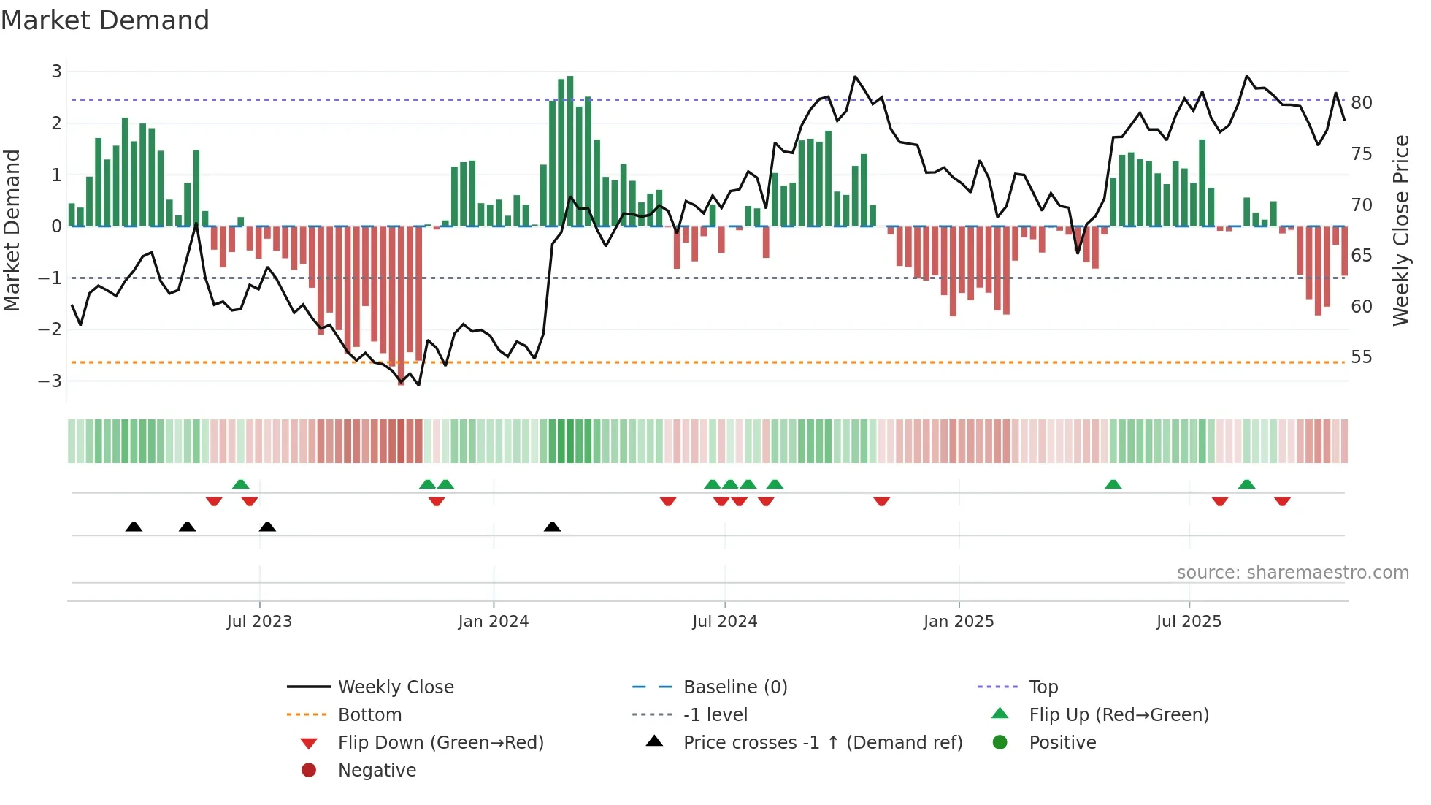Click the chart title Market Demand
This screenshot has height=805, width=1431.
(105, 20)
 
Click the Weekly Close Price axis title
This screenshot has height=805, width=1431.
(1400, 230)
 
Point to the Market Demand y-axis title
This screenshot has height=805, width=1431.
(12, 230)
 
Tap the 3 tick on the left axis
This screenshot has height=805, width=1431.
(56, 72)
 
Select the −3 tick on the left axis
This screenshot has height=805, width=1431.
(50, 381)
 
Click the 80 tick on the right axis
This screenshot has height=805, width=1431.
(1361, 103)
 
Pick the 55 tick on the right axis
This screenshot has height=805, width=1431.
(1361, 357)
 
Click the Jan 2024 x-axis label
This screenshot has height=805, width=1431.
(493, 622)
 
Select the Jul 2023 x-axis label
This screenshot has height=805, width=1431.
(259, 622)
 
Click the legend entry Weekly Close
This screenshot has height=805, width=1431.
(395, 687)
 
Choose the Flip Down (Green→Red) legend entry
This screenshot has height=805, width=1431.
(440, 743)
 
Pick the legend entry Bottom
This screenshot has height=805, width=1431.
(369, 715)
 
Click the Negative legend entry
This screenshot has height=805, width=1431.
(377, 771)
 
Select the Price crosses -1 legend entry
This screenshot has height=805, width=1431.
(822, 743)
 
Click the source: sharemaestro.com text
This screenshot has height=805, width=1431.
(1292, 573)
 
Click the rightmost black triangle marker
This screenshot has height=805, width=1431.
(553, 527)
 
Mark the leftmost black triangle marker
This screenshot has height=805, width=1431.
(134, 527)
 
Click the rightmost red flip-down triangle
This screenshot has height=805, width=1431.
(1282, 501)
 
